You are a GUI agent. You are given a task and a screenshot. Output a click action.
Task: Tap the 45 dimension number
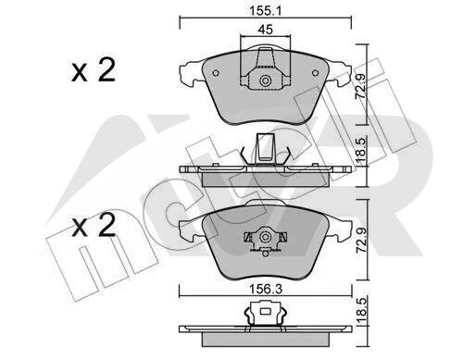pyautogui.click(x=266, y=30)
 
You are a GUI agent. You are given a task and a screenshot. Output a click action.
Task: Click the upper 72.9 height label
pyautogui.click(x=360, y=86)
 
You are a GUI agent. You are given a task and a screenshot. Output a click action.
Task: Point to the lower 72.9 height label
pyautogui.click(x=360, y=241)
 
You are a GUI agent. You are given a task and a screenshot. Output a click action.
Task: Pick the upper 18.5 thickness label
pyautogui.click(x=361, y=151)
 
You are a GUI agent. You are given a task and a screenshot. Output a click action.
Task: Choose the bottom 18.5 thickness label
pyautogui.click(x=361, y=311)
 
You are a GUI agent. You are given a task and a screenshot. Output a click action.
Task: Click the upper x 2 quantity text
pyautogui.click(x=94, y=70)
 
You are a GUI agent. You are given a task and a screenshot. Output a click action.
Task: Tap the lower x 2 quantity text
pyautogui.click(x=94, y=226)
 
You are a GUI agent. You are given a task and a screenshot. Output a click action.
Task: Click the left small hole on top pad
pyautogui.click(x=216, y=73)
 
